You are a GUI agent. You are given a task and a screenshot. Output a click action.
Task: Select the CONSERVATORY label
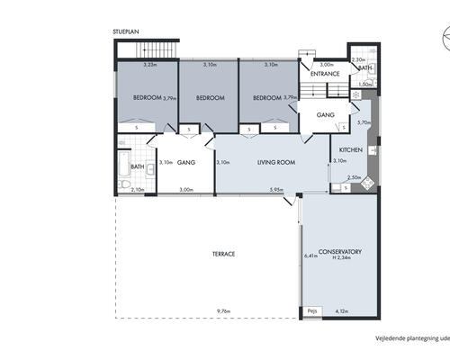click(340, 251)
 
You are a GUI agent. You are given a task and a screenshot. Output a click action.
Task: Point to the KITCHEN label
click(351, 148)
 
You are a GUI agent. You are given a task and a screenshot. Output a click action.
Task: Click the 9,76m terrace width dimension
click(223, 311)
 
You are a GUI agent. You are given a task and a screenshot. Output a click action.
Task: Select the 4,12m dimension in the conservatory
click(342, 311)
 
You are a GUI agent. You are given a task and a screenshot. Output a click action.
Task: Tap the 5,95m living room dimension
click(277, 189)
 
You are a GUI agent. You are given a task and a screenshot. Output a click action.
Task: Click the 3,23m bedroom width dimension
click(150, 64)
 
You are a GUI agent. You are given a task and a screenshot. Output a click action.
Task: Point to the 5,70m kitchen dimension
click(364, 122)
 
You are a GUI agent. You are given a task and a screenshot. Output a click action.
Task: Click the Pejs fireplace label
click(311, 311)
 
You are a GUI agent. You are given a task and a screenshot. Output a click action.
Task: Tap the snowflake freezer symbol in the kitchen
click(356, 94)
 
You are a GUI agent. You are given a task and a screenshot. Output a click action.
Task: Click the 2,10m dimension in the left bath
click(138, 189)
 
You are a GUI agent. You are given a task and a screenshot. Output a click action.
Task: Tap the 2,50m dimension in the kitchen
click(355, 177)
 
